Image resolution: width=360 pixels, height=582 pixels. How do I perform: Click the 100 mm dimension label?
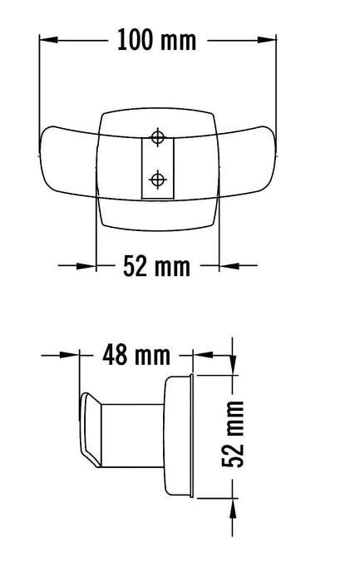pos(156,39)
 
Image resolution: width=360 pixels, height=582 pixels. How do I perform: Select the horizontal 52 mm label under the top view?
pos(156,266)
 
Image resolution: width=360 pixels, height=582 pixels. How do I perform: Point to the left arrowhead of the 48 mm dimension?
pos(74,355)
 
